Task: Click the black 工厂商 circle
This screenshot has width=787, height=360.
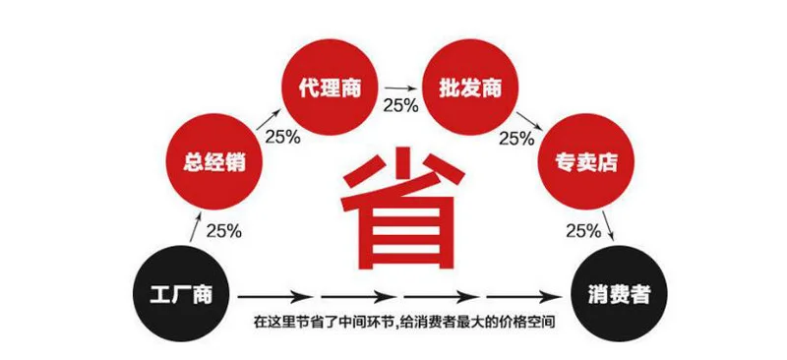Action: [181, 294]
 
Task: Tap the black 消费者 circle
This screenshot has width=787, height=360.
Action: [620, 294]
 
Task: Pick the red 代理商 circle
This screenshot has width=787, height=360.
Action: [330, 88]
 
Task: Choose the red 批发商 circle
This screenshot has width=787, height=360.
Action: [470, 88]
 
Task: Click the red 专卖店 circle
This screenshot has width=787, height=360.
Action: [585, 161]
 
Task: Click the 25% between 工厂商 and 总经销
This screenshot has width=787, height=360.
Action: [224, 230]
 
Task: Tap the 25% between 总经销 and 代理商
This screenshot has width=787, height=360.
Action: [283, 137]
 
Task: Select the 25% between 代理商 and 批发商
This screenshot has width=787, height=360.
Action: [400, 105]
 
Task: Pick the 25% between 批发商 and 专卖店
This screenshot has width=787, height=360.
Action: [516, 139]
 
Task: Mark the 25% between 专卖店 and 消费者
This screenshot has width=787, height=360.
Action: [583, 230]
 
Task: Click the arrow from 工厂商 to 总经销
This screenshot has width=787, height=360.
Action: [195, 227]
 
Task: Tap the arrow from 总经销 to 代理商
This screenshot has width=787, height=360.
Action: [268, 120]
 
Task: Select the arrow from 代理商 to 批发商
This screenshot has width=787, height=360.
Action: [400, 89]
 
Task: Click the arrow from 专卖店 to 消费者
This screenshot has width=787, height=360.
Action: [608, 226]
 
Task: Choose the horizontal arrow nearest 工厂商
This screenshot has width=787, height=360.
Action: [273, 297]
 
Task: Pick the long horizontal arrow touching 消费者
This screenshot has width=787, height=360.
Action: [528, 297]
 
